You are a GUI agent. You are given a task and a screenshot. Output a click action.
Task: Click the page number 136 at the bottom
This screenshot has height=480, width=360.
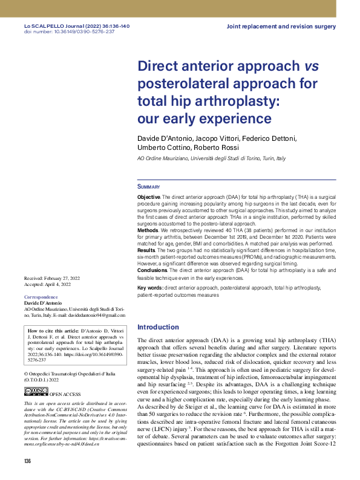[x=27, y=462]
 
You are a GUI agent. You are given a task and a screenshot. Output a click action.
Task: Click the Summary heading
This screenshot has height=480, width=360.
[x=149, y=187]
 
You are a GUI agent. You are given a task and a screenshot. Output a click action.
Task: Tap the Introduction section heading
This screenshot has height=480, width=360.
[x=159, y=327]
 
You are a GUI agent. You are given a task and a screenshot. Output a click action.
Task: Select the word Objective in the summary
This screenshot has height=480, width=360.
[x=149, y=197]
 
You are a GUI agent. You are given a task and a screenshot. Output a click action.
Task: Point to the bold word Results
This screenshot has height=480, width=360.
[x=147, y=249]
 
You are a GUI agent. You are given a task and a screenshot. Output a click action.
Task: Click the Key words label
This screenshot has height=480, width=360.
[x=150, y=288]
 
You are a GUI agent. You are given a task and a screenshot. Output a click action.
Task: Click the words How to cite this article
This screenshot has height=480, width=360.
[x=53, y=331]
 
